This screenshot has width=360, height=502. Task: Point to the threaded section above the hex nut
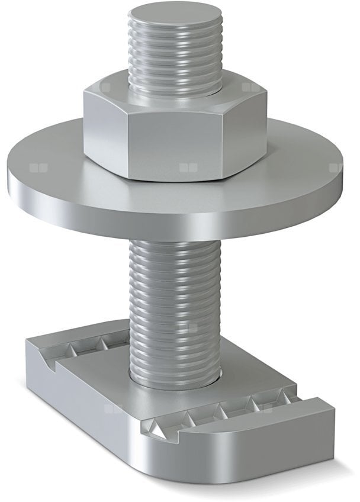[x=175, y=65]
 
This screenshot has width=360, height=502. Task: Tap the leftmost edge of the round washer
[x=9, y=169]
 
